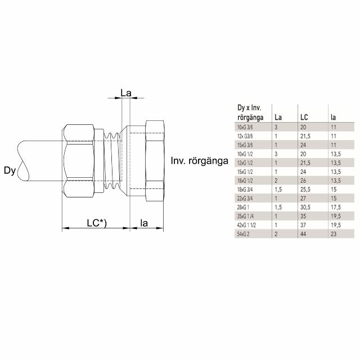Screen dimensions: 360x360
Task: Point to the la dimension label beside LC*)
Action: (144, 223)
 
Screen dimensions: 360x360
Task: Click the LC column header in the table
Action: (304, 118)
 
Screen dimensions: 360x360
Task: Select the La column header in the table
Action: (278, 118)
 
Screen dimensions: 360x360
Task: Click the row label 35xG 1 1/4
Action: (243, 216)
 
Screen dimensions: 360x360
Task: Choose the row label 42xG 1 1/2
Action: (243, 224)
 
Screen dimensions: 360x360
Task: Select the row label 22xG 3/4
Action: (241, 199)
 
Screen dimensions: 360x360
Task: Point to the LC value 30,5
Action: (305, 208)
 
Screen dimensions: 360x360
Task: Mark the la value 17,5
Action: (335, 208)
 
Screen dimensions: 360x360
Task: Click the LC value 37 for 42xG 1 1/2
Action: (303, 224)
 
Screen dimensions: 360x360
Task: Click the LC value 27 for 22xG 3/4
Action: (303, 199)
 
